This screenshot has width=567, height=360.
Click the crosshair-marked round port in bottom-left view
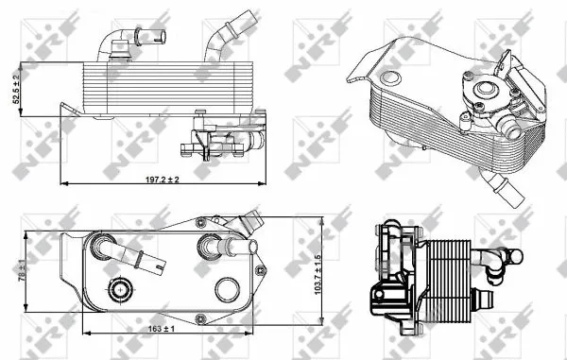point(120,289)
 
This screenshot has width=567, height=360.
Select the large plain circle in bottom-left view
point(227,288)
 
